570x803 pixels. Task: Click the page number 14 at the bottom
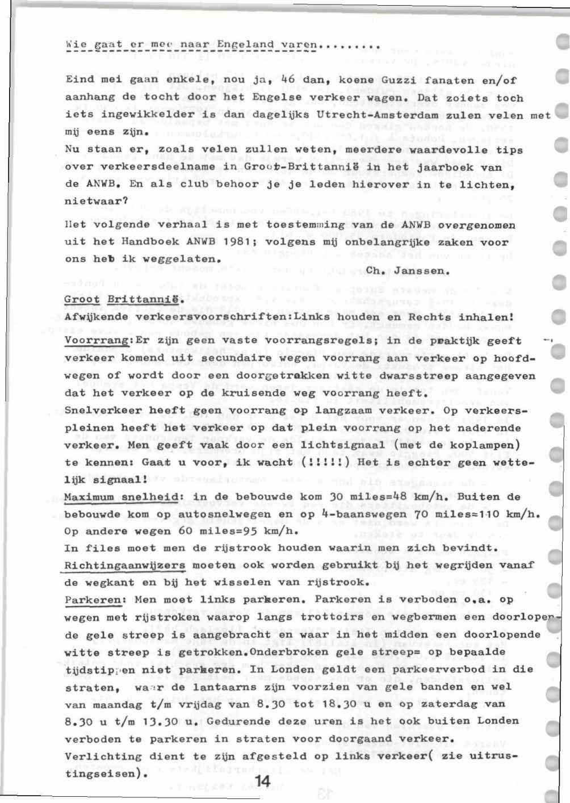coord(262,782)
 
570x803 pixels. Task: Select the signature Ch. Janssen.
coord(408,271)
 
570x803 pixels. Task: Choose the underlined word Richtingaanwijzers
coord(125,566)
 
